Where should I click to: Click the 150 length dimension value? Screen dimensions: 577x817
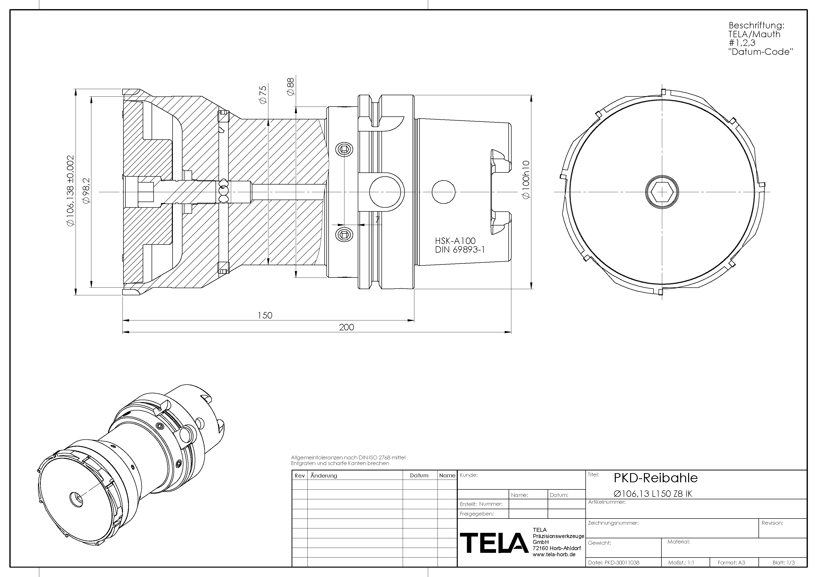pyautogui.click(x=265, y=315)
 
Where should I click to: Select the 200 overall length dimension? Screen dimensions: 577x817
pyautogui.click(x=346, y=327)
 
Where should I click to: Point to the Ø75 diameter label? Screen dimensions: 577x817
pyautogui.click(x=263, y=94)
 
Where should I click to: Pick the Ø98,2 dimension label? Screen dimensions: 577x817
pyautogui.click(x=86, y=190)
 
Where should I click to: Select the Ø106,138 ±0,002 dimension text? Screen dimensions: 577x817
pyautogui.click(x=70, y=190)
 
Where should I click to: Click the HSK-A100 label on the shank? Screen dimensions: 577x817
pyautogui.click(x=455, y=241)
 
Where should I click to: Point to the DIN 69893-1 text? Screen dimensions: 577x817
pyautogui.click(x=460, y=250)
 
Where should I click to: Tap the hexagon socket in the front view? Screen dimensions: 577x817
pyautogui.click(x=662, y=192)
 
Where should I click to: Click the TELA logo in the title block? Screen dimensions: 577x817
pyautogui.click(x=494, y=543)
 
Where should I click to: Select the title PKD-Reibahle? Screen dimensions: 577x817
pyautogui.click(x=656, y=478)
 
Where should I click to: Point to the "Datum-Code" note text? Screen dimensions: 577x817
pyautogui.click(x=760, y=52)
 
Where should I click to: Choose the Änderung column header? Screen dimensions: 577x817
pyautogui.click(x=323, y=476)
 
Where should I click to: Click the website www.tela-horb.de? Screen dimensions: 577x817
pyautogui.click(x=554, y=555)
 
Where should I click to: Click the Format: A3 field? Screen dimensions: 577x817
pyautogui.click(x=731, y=562)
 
